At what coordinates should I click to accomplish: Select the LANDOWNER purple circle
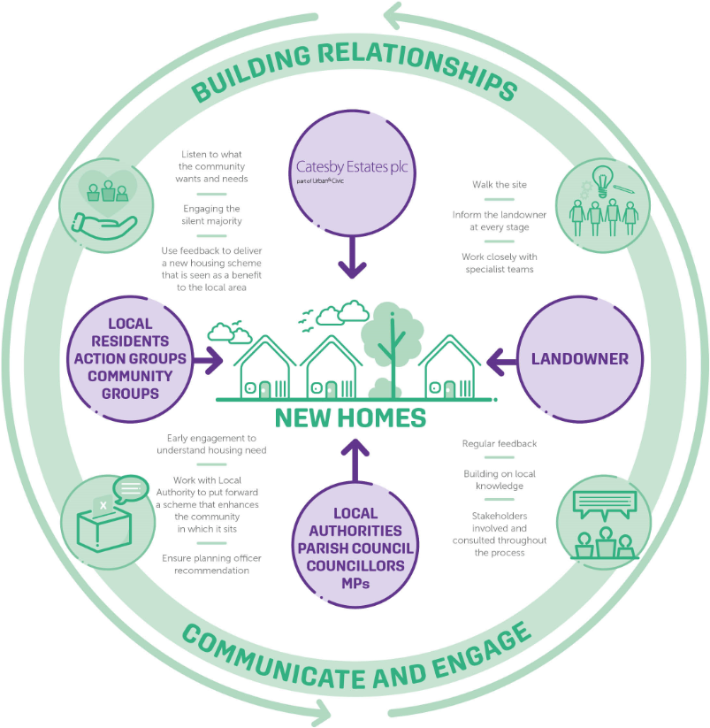[579, 359]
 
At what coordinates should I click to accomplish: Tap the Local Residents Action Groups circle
[130, 359]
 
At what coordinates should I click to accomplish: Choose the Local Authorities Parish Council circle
[355, 539]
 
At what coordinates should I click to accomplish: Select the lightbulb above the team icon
[601, 180]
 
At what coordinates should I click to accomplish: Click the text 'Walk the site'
[499, 185]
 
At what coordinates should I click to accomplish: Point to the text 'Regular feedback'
[499, 443]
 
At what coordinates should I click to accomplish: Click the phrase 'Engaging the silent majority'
[213, 214]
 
